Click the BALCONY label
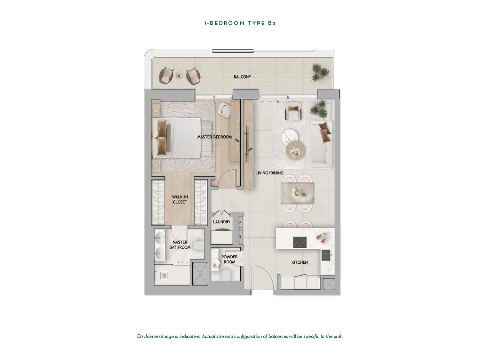click(242, 77)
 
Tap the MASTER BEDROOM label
click(214, 137)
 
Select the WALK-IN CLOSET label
click(180, 199)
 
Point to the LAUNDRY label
click(221, 222)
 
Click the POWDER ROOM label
click(229, 259)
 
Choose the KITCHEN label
click(300, 262)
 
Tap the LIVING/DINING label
click(269, 173)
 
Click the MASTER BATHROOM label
click(180, 244)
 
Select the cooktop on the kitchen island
click(300, 242)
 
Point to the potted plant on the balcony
click(320, 72)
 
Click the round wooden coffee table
click(295, 150)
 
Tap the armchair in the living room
click(293, 112)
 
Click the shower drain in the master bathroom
click(164, 276)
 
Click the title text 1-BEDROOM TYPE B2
click(240, 23)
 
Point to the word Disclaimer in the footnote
click(148, 336)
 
